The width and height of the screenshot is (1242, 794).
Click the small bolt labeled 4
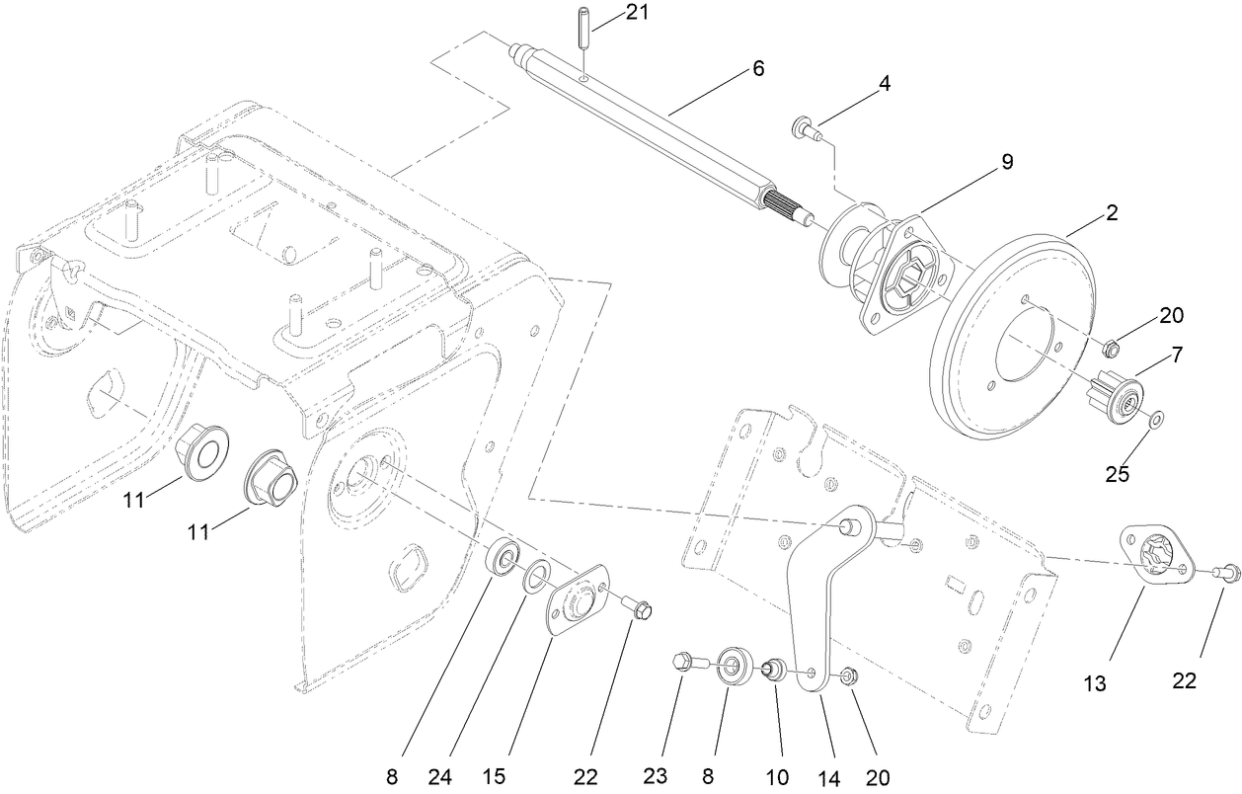(805, 127)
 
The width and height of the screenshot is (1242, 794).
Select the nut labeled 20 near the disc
(1110, 348)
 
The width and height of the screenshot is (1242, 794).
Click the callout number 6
(758, 68)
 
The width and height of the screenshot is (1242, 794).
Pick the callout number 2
(1112, 212)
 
